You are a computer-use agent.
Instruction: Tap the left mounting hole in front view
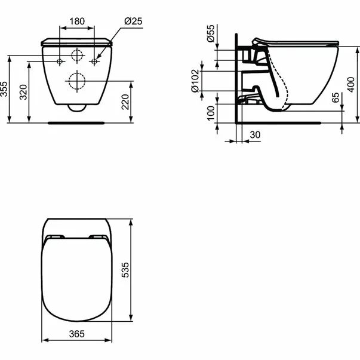(x=60, y=62)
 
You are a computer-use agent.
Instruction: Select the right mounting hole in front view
(x=94, y=62)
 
